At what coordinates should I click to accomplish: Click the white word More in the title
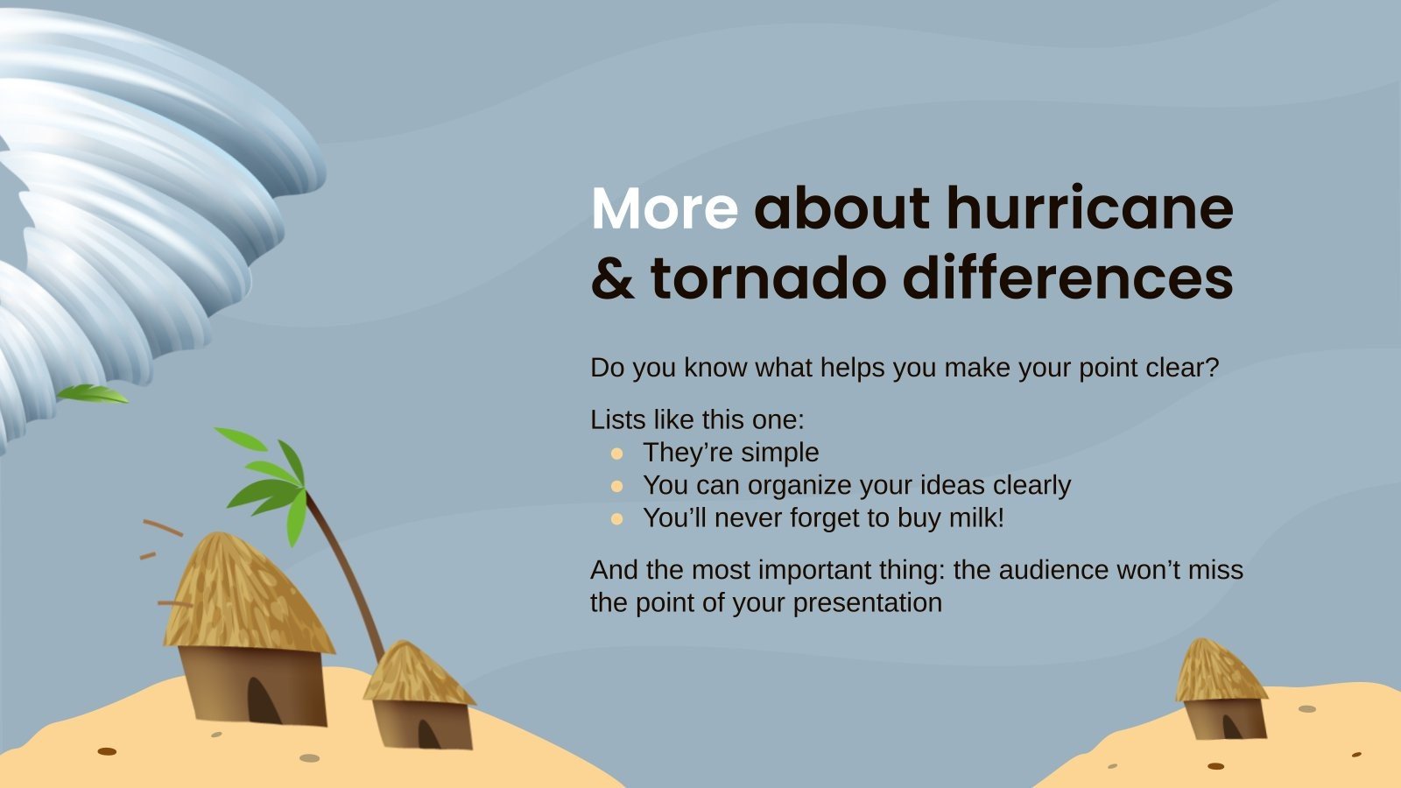tap(664, 209)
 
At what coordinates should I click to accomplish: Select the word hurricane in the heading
tap(1089, 209)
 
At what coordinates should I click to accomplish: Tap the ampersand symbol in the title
tap(612, 279)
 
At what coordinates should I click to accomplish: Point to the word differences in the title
tap(1067, 279)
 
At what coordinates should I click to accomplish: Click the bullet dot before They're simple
tap(616, 454)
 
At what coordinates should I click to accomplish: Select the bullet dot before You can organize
tap(616, 486)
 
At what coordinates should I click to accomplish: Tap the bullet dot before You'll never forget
tap(616, 518)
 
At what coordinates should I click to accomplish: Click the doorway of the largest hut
tap(263, 700)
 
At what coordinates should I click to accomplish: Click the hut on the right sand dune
tap(1221, 692)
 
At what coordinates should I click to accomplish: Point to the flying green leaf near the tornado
tap(92, 394)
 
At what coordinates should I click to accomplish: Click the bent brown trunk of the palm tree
tap(350, 578)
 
